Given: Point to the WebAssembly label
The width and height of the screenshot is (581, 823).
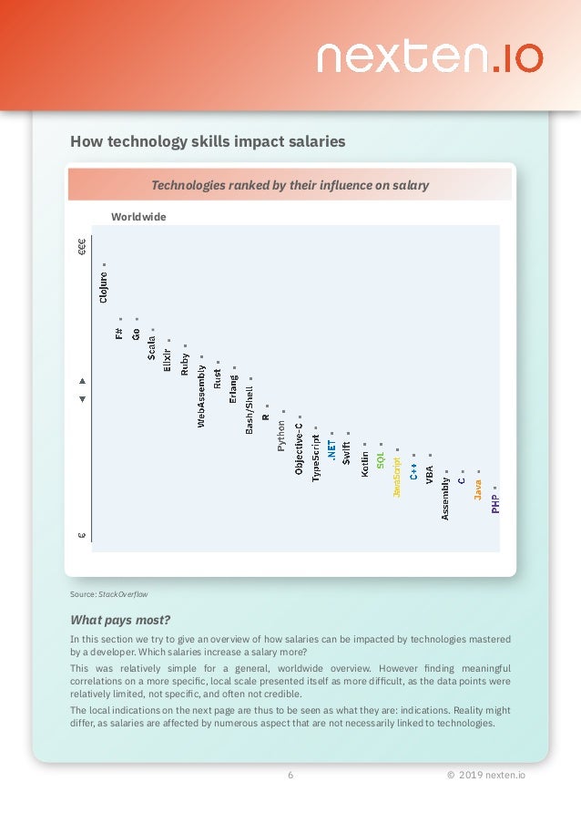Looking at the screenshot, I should coord(201,395).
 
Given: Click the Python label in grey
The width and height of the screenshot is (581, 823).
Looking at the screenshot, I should coord(282,434).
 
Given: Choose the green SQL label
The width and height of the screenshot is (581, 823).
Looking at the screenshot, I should coord(381,458).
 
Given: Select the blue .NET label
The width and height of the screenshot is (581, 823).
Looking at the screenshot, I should coord(332,451).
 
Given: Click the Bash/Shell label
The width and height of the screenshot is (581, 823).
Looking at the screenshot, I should coord(250,407).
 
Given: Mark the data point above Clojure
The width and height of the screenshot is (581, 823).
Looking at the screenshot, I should coord(104,264).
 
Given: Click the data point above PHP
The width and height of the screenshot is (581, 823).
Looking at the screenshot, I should coord(495,487).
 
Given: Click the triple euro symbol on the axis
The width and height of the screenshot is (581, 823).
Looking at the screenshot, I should coord(82,245).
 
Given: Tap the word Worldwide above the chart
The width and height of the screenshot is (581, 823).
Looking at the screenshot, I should coord(138,217).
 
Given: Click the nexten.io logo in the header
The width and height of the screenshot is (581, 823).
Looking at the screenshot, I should coord(429,57).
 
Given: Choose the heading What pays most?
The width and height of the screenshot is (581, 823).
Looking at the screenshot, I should coord(120,620).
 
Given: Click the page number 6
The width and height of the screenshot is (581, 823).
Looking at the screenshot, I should coord(290,776).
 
